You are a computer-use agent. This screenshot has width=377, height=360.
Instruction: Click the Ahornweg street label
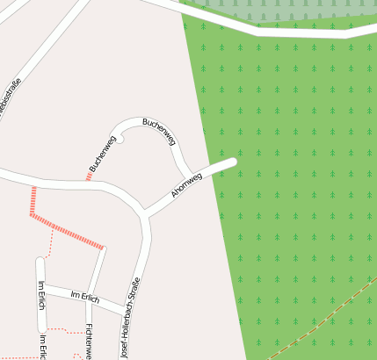tap(186, 184)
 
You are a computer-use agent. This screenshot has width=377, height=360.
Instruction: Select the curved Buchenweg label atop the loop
tap(159, 131)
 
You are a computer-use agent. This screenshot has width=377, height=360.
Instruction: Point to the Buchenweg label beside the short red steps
tap(102, 154)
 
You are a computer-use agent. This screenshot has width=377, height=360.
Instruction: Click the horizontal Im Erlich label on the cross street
tap(85, 297)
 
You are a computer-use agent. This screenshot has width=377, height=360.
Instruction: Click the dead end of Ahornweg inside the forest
tap(232, 162)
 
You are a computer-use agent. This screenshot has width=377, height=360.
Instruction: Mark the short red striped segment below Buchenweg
tap(89, 176)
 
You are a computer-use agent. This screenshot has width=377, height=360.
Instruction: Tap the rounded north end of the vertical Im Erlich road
tap(40, 261)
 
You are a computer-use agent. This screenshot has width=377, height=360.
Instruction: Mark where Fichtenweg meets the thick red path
tap(103, 248)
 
